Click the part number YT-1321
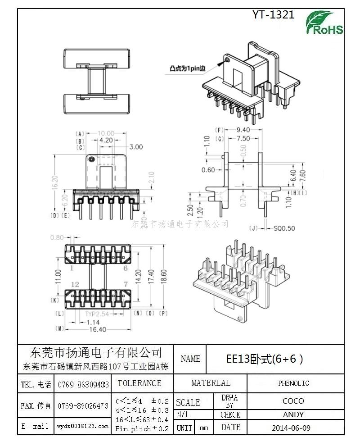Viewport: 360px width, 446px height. tap(273, 14)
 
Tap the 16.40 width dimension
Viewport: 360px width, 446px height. tap(97, 329)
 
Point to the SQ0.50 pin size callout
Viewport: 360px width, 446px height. tap(284, 228)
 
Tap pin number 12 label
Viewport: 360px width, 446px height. tap(75, 284)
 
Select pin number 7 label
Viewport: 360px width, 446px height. tap(125, 284)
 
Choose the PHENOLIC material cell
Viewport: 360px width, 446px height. tap(293, 383)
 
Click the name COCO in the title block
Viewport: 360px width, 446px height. tap(293, 401)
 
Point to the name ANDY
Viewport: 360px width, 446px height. tap(293, 414)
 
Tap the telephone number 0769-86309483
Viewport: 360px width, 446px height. tap(83, 385)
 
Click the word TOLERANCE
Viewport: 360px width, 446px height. tap(139, 383)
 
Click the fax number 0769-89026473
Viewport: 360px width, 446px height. tap(83, 406)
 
